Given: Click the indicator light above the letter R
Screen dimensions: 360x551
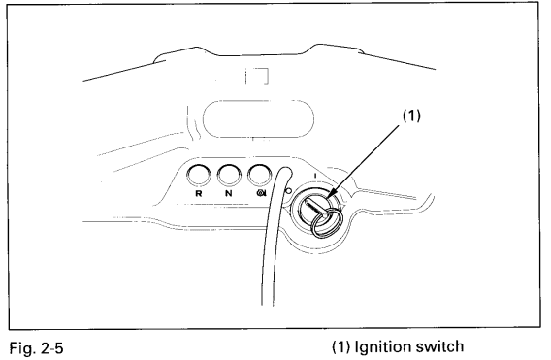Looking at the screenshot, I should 199,174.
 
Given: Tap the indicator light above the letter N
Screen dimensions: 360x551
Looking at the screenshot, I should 229,174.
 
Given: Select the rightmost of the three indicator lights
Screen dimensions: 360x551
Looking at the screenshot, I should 258,174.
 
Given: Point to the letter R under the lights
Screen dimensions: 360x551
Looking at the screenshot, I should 199,193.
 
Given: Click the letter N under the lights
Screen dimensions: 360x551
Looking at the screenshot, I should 229,193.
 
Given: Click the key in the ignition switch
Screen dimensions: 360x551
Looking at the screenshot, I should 321,207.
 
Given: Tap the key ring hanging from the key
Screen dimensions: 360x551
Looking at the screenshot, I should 326,222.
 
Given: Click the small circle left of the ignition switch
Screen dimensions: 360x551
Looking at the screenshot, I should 289,189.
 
